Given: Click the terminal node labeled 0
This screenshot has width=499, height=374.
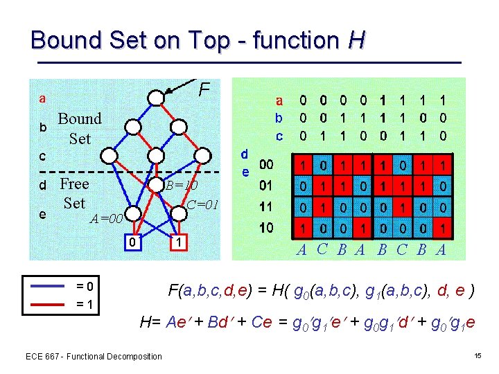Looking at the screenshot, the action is click(x=132, y=242).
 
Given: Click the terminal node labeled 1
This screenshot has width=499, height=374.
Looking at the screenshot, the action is click(x=179, y=242).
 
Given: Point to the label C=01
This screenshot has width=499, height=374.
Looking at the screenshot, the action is click(x=203, y=205).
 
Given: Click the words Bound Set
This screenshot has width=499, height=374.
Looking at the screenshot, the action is click(x=80, y=129).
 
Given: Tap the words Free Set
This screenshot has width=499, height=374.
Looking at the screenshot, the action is click(x=74, y=193).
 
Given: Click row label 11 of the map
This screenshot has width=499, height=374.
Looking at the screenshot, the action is click(x=265, y=207).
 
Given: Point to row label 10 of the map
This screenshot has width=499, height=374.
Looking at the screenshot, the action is click(x=265, y=227).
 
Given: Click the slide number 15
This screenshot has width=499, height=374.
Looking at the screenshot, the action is click(x=478, y=356).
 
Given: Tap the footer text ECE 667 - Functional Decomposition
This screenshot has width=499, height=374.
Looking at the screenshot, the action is click(x=94, y=356).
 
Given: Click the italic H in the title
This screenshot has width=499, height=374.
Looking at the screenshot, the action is click(x=356, y=40).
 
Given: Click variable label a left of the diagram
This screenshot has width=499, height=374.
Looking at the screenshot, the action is click(x=42, y=98).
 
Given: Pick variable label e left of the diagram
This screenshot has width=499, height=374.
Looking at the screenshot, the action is click(x=42, y=214).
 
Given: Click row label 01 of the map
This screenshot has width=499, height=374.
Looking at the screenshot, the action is click(x=265, y=186).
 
